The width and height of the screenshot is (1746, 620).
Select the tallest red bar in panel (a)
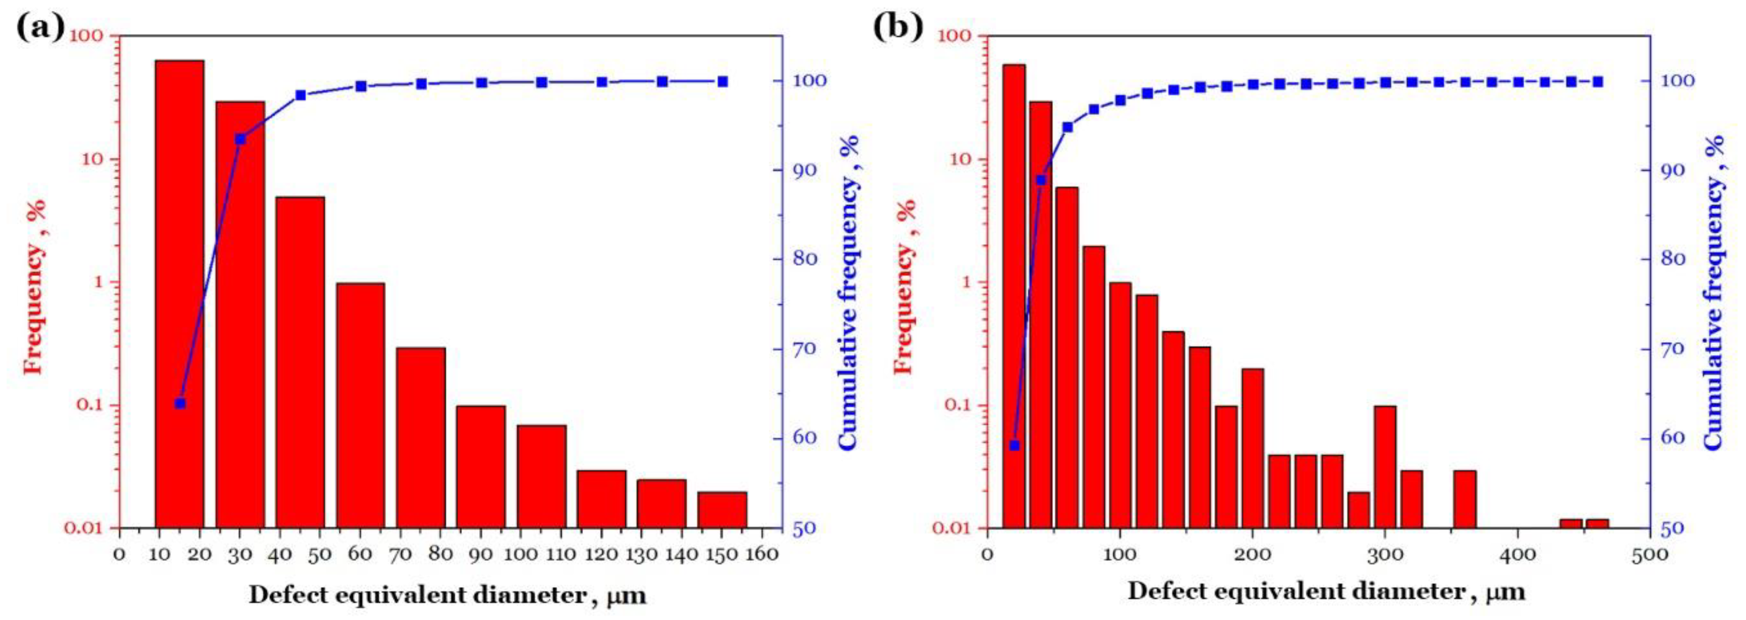click(180, 292)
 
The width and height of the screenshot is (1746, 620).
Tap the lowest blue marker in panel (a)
click(180, 404)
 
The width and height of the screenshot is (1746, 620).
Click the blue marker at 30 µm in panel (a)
click(240, 139)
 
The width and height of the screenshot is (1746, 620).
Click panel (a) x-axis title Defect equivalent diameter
click(447, 595)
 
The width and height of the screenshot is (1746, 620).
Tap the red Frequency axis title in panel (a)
click(34, 285)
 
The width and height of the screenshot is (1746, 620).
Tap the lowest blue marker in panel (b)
click(1014, 446)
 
